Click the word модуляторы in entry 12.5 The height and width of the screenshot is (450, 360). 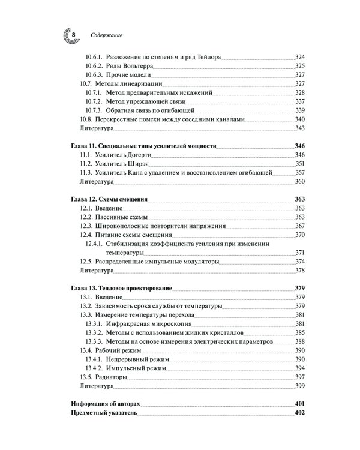click(198, 262)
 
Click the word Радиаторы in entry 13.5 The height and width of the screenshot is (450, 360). click(111, 377)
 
